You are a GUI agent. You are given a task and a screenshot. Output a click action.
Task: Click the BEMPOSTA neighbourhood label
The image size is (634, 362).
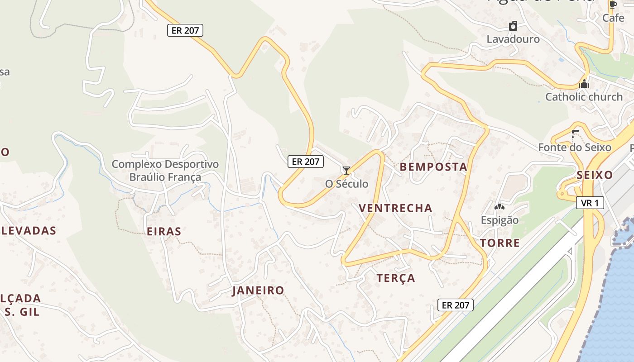(433, 167)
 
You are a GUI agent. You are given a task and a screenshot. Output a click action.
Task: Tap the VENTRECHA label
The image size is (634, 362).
(395, 208)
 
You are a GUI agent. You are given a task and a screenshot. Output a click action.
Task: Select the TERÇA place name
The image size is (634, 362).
(395, 278)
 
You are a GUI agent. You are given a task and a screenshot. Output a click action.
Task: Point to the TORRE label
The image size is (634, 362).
(500, 243)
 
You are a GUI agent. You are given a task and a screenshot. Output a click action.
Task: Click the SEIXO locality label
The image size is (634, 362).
(595, 176)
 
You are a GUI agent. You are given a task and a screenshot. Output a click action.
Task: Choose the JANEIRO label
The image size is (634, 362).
(258, 291)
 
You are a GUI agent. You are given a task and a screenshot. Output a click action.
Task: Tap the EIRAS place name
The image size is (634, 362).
(164, 232)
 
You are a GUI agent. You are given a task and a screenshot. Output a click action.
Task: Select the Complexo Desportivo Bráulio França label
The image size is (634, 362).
(165, 171)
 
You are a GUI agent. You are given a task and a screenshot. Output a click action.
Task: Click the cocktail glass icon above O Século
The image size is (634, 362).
(346, 171)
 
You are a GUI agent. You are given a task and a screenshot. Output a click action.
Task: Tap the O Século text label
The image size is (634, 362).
(347, 184)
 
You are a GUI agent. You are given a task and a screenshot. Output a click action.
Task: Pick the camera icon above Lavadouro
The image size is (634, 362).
(513, 26)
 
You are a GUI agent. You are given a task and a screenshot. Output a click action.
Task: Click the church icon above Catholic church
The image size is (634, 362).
(584, 84)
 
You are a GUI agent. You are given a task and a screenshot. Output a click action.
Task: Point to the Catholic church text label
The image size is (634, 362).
(584, 97)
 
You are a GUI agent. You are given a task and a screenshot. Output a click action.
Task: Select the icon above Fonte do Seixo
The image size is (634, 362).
(575, 133)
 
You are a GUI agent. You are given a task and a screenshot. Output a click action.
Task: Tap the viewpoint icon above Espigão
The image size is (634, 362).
(499, 207)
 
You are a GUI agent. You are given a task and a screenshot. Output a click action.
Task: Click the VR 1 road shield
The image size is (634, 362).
(590, 203)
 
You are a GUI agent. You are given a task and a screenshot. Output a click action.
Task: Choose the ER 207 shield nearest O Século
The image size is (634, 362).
(306, 162)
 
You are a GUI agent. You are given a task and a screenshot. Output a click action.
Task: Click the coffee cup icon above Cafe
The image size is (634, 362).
(613, 5)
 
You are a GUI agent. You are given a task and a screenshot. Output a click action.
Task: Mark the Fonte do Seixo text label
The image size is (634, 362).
(575, 148)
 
